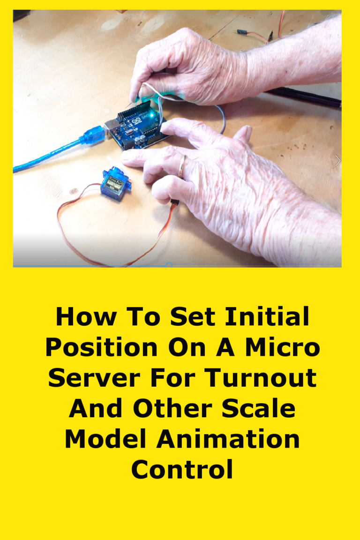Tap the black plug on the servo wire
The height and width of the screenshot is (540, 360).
click(x=174, y=203)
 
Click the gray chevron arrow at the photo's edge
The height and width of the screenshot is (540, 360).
click(x=337, y=161)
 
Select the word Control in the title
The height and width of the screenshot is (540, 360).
click(x=182, y=470)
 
